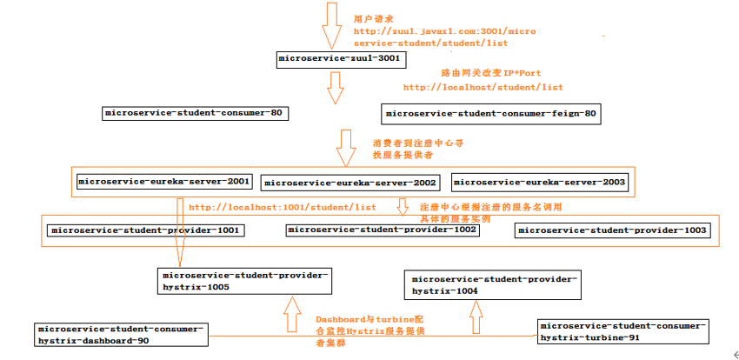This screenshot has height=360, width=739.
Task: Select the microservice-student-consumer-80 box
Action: coord(195,113)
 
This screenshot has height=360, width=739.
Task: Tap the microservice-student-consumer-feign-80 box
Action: coord(491,113)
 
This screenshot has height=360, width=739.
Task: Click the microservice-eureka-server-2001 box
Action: coord(163,182)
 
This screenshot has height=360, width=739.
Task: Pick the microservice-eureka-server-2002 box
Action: coord(350,183)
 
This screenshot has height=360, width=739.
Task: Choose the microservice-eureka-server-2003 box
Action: coord(539,182)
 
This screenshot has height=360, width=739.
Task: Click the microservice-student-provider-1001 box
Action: coord(145,230)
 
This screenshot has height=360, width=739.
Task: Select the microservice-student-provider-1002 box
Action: coord(382,230)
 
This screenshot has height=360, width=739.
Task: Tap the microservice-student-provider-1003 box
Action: coord(612,230)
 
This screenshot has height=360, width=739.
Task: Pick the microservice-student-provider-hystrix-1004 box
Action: coord(491,284)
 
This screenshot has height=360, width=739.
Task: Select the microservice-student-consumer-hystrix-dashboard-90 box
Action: coord(121,335)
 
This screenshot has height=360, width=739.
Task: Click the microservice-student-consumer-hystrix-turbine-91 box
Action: coord(622,330)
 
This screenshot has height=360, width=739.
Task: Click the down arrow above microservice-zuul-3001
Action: coord(332,24)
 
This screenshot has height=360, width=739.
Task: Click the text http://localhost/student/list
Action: coord(483,87)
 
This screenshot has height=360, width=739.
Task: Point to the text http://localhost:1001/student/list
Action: coord(282,208)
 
